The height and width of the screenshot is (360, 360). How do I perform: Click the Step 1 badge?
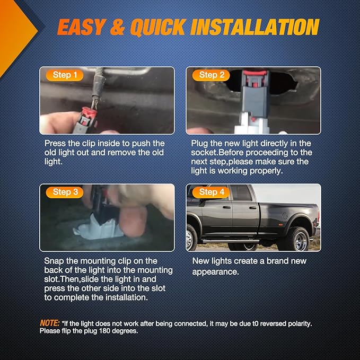[x=65, y=75]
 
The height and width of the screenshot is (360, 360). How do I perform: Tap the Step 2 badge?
[x=211, y=75]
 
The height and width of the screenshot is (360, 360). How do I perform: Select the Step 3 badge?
[x=65, y=192]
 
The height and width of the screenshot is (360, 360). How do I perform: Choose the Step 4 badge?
[x=211, y=192]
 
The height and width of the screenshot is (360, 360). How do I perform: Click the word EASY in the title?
[x=82, y=27]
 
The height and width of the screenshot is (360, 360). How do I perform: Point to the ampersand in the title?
[x=118, y=27]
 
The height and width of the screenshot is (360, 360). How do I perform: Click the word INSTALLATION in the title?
[x=255, y=27]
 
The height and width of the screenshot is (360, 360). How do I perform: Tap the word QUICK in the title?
[x=158, y=28]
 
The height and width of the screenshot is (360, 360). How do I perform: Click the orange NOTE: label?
[x=50, y=323]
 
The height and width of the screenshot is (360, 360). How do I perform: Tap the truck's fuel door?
[x=285, y=216]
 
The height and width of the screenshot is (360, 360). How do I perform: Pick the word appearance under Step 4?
[x=215, y=272]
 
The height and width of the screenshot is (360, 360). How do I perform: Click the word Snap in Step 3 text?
[x=54, y=261]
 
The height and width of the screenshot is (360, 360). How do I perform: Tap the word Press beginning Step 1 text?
[x=55, y=144]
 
